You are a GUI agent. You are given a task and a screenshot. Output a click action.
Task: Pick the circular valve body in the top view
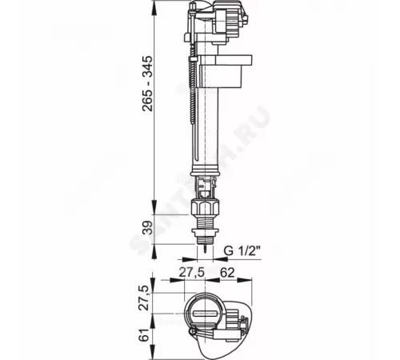click(206, 314)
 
